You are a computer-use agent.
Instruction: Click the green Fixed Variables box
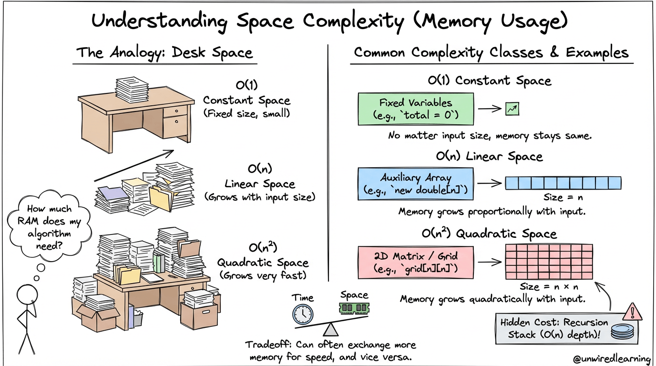[416, 109]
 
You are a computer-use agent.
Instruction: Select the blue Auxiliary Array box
[416, 184]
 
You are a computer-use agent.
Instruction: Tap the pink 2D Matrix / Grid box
[416, 263]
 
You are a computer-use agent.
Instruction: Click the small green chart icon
[512, 109]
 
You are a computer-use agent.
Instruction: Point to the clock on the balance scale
[303, 315]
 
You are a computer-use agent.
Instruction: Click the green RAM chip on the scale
[354, 308]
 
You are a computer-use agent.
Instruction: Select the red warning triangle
[632, 312]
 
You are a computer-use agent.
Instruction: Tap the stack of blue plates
[622, 331]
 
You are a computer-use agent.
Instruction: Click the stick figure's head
[27, 295]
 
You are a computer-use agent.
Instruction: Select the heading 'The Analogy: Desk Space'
[164, 53]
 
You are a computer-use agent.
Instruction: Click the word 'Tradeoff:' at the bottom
[268, 345]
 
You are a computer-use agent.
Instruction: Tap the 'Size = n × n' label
[549, 286]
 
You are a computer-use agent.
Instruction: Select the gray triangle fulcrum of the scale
[331, 329]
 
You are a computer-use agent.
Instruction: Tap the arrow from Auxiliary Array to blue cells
[489, 183]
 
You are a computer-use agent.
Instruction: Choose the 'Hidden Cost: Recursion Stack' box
[566, 328]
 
